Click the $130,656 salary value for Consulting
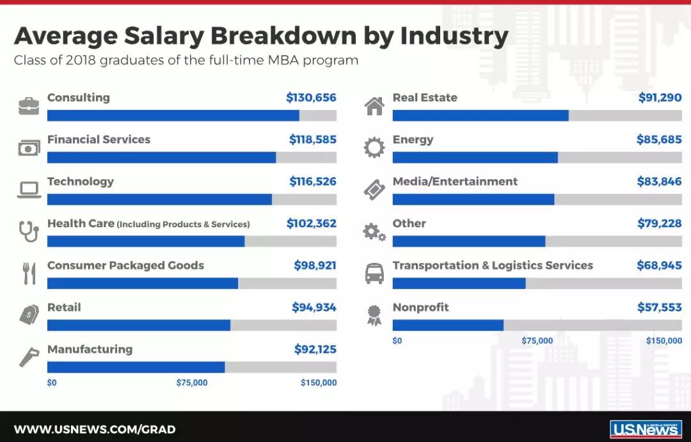311,98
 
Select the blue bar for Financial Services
161,157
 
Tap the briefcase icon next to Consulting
29,106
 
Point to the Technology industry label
81,182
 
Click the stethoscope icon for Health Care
29,232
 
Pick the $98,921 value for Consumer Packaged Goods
315,265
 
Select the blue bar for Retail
138,325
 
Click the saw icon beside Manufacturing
29,357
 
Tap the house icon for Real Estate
374,106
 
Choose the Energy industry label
413,140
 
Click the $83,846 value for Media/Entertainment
659,182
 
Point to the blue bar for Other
468,241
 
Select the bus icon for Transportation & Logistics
374,273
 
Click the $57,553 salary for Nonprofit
659,308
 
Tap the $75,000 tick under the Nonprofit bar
537,341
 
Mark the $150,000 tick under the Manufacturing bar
319,383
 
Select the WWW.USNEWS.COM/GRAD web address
95,429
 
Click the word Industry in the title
454,36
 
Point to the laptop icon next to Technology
29,189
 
